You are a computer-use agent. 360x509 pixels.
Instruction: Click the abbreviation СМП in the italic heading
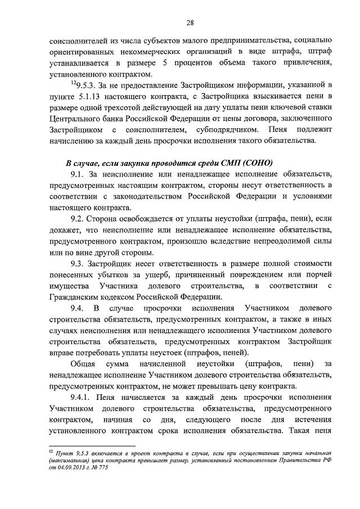point(224,163)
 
